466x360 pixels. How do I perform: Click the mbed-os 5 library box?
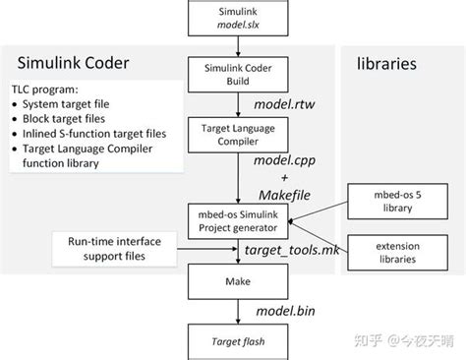384,201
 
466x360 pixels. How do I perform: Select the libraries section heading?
386,63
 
